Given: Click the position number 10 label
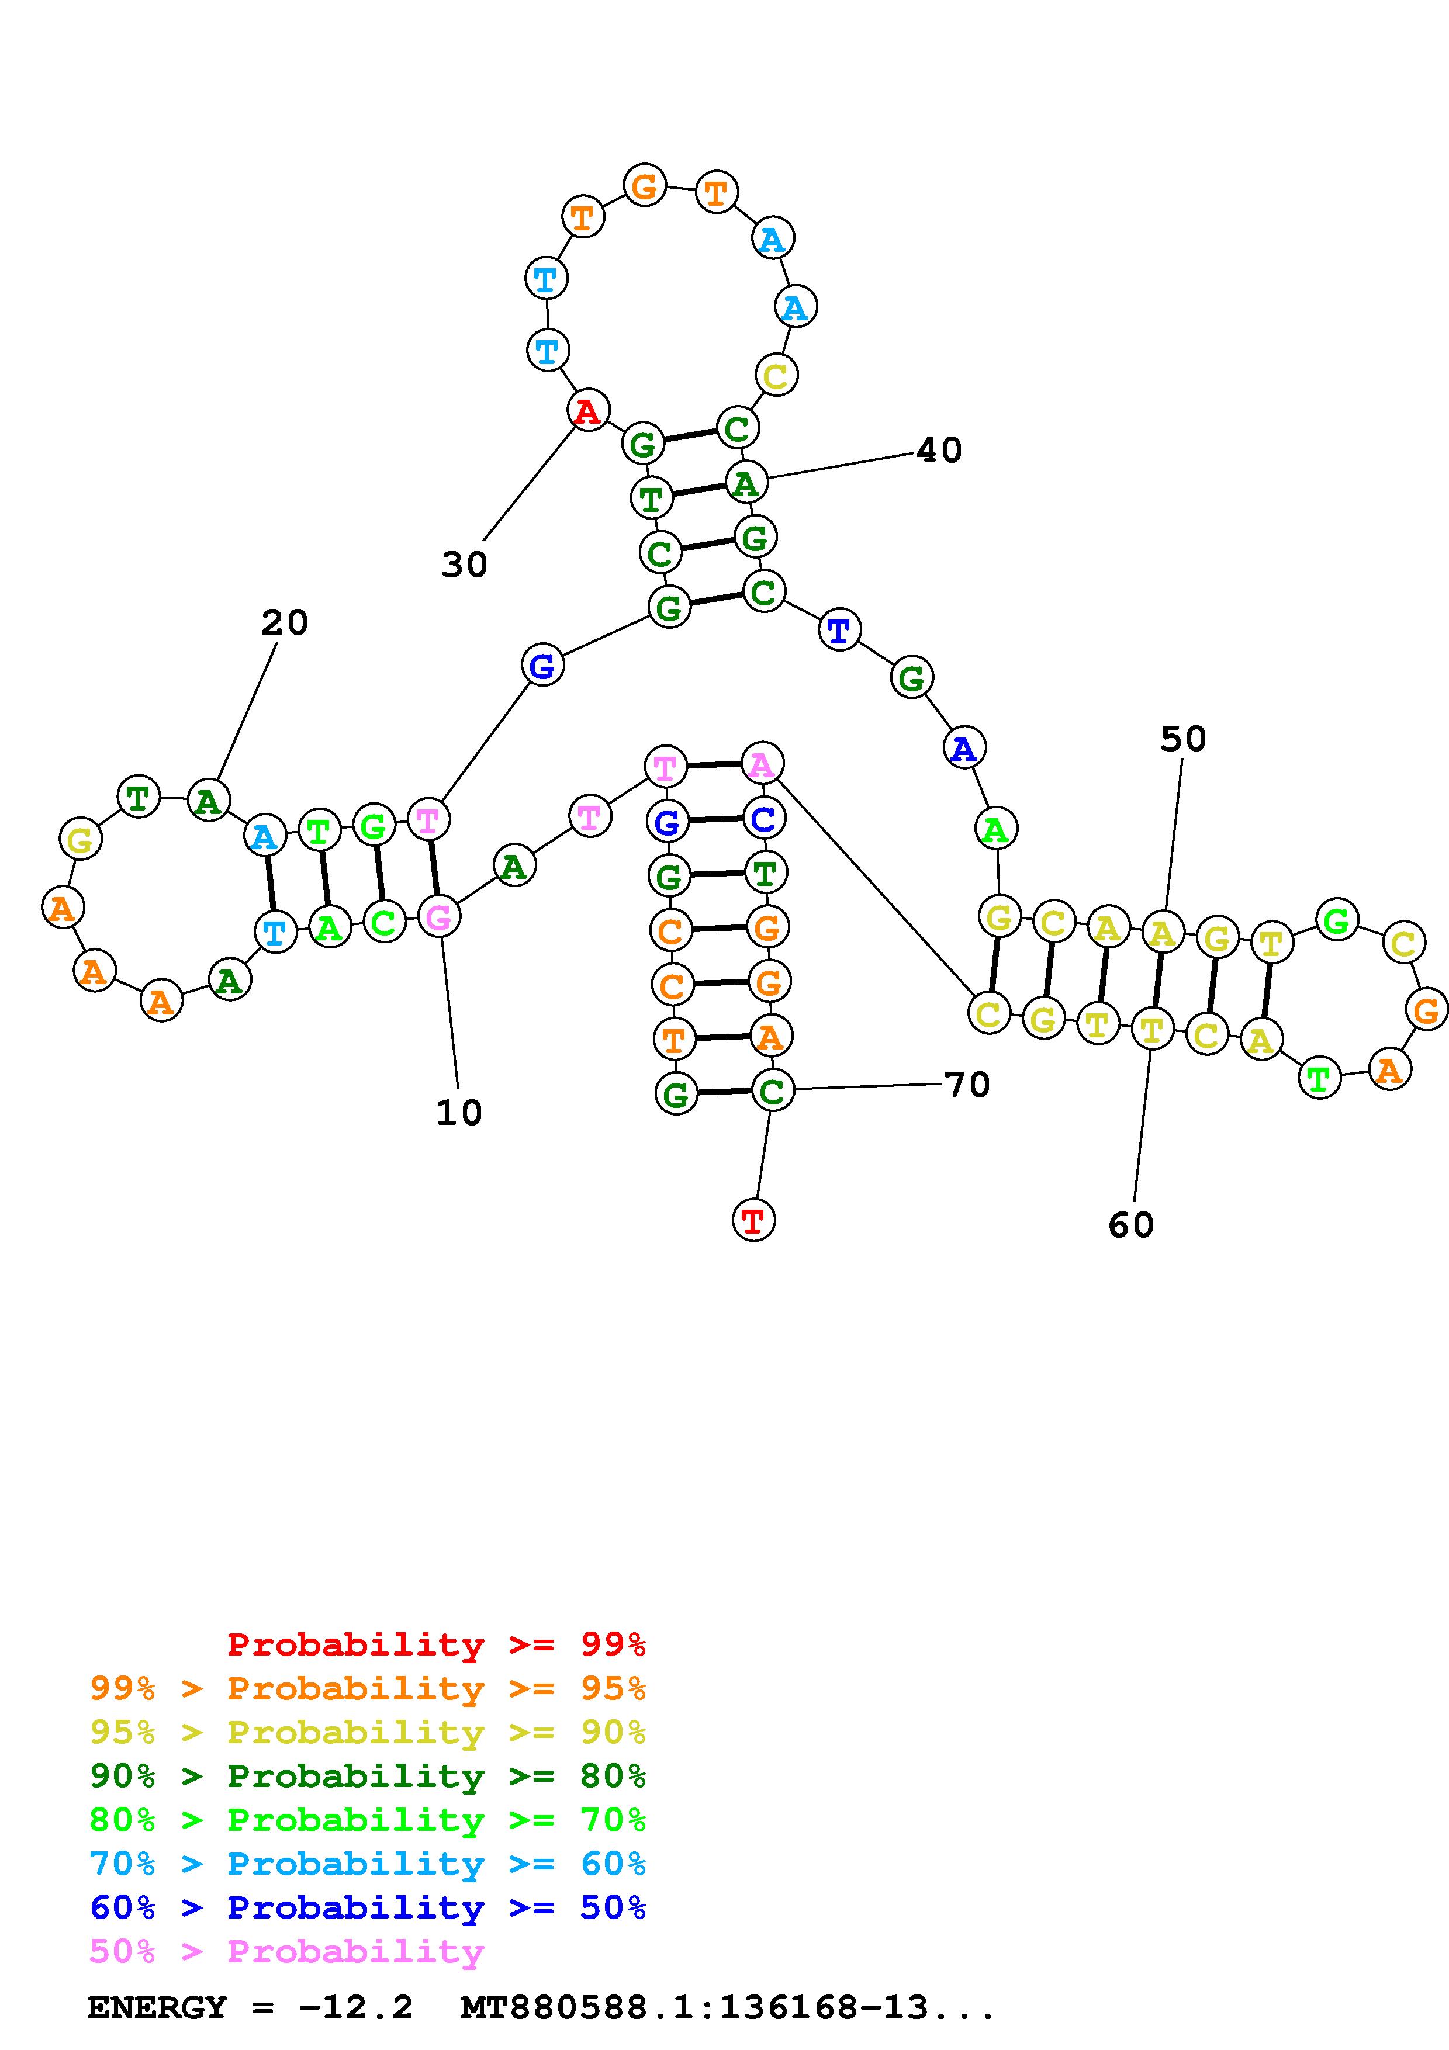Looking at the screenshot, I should pyautogui.click(x=459, y=1113).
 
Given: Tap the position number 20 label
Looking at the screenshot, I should pyautogui.click(x=285, y=622).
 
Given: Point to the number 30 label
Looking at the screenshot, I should pyautogui.click(x=464, y=565).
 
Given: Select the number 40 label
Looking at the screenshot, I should pyautogui.click(x=939, y=450).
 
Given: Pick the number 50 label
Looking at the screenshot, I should pyautogui.click(x=1183, y=739).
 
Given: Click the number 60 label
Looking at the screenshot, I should pyautogui.click(x=1130, y=1225).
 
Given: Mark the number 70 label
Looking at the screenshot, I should pyautogui.click(x=967, y=1085).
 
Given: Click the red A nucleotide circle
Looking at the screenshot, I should pyautogui.click(x=587, y=411).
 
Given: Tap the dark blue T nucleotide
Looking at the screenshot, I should pyautogui.click(x=838, y=631).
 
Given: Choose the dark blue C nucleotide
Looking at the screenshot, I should pyautogui.click(x=763, y=819).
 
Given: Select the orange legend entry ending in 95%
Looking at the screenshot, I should pyautogui.click(x=368, y=1688).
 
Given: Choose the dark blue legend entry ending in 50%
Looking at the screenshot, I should pyautogui.click(x=368, y=1907).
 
